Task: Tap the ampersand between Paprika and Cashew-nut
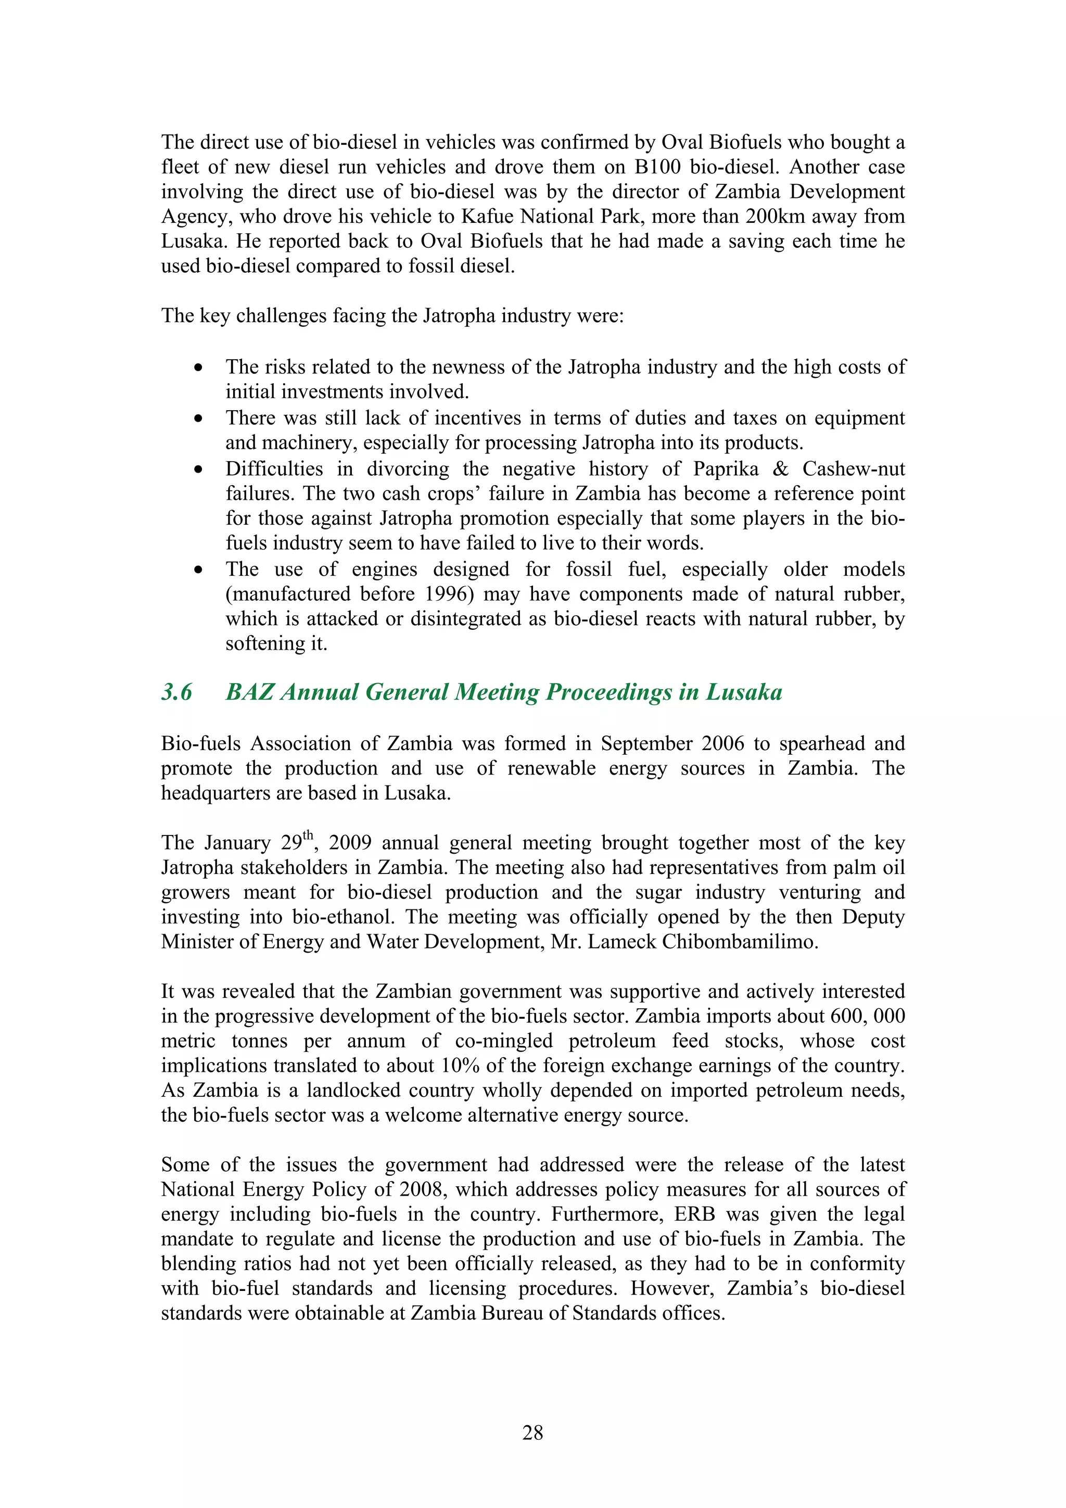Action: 780,469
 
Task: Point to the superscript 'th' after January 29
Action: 308,836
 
